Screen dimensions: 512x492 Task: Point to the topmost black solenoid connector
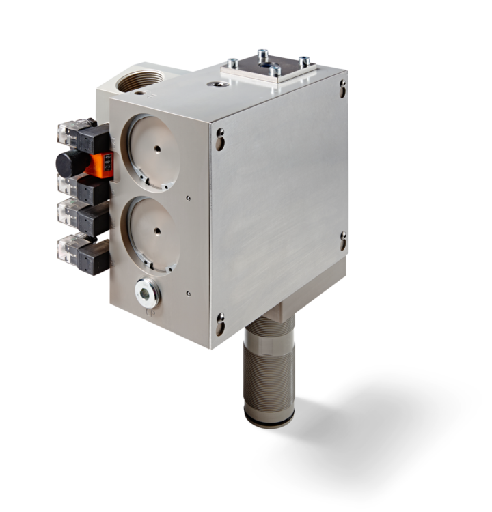coord(92,139)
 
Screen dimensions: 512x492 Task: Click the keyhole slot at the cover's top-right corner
coord(342,87)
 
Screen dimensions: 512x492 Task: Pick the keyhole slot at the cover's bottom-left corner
coord(220,323)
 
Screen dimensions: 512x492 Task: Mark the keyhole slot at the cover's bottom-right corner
coord(343,241)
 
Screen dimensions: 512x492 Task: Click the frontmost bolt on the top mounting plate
coord(274,70)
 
